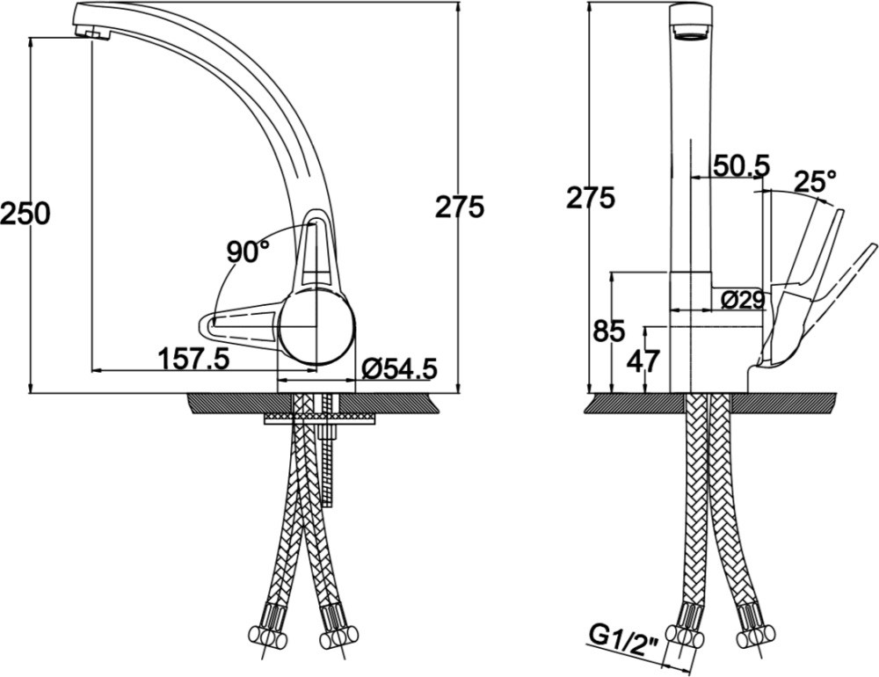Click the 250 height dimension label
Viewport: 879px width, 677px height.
pos(25,214)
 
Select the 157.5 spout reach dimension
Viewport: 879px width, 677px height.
pos(194,358)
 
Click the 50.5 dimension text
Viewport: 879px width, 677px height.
pos(740,165)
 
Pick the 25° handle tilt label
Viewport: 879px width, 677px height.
pos(815,182)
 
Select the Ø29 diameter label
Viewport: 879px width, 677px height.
pos(744,300)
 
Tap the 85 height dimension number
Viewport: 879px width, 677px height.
pos(609,332)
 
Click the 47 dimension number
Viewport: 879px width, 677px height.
pos(643,360)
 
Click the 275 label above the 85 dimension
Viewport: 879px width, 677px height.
pos(591,198)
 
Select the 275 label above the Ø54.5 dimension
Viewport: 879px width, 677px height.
pos(460,207)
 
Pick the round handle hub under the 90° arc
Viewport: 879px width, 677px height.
pos(316,326)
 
